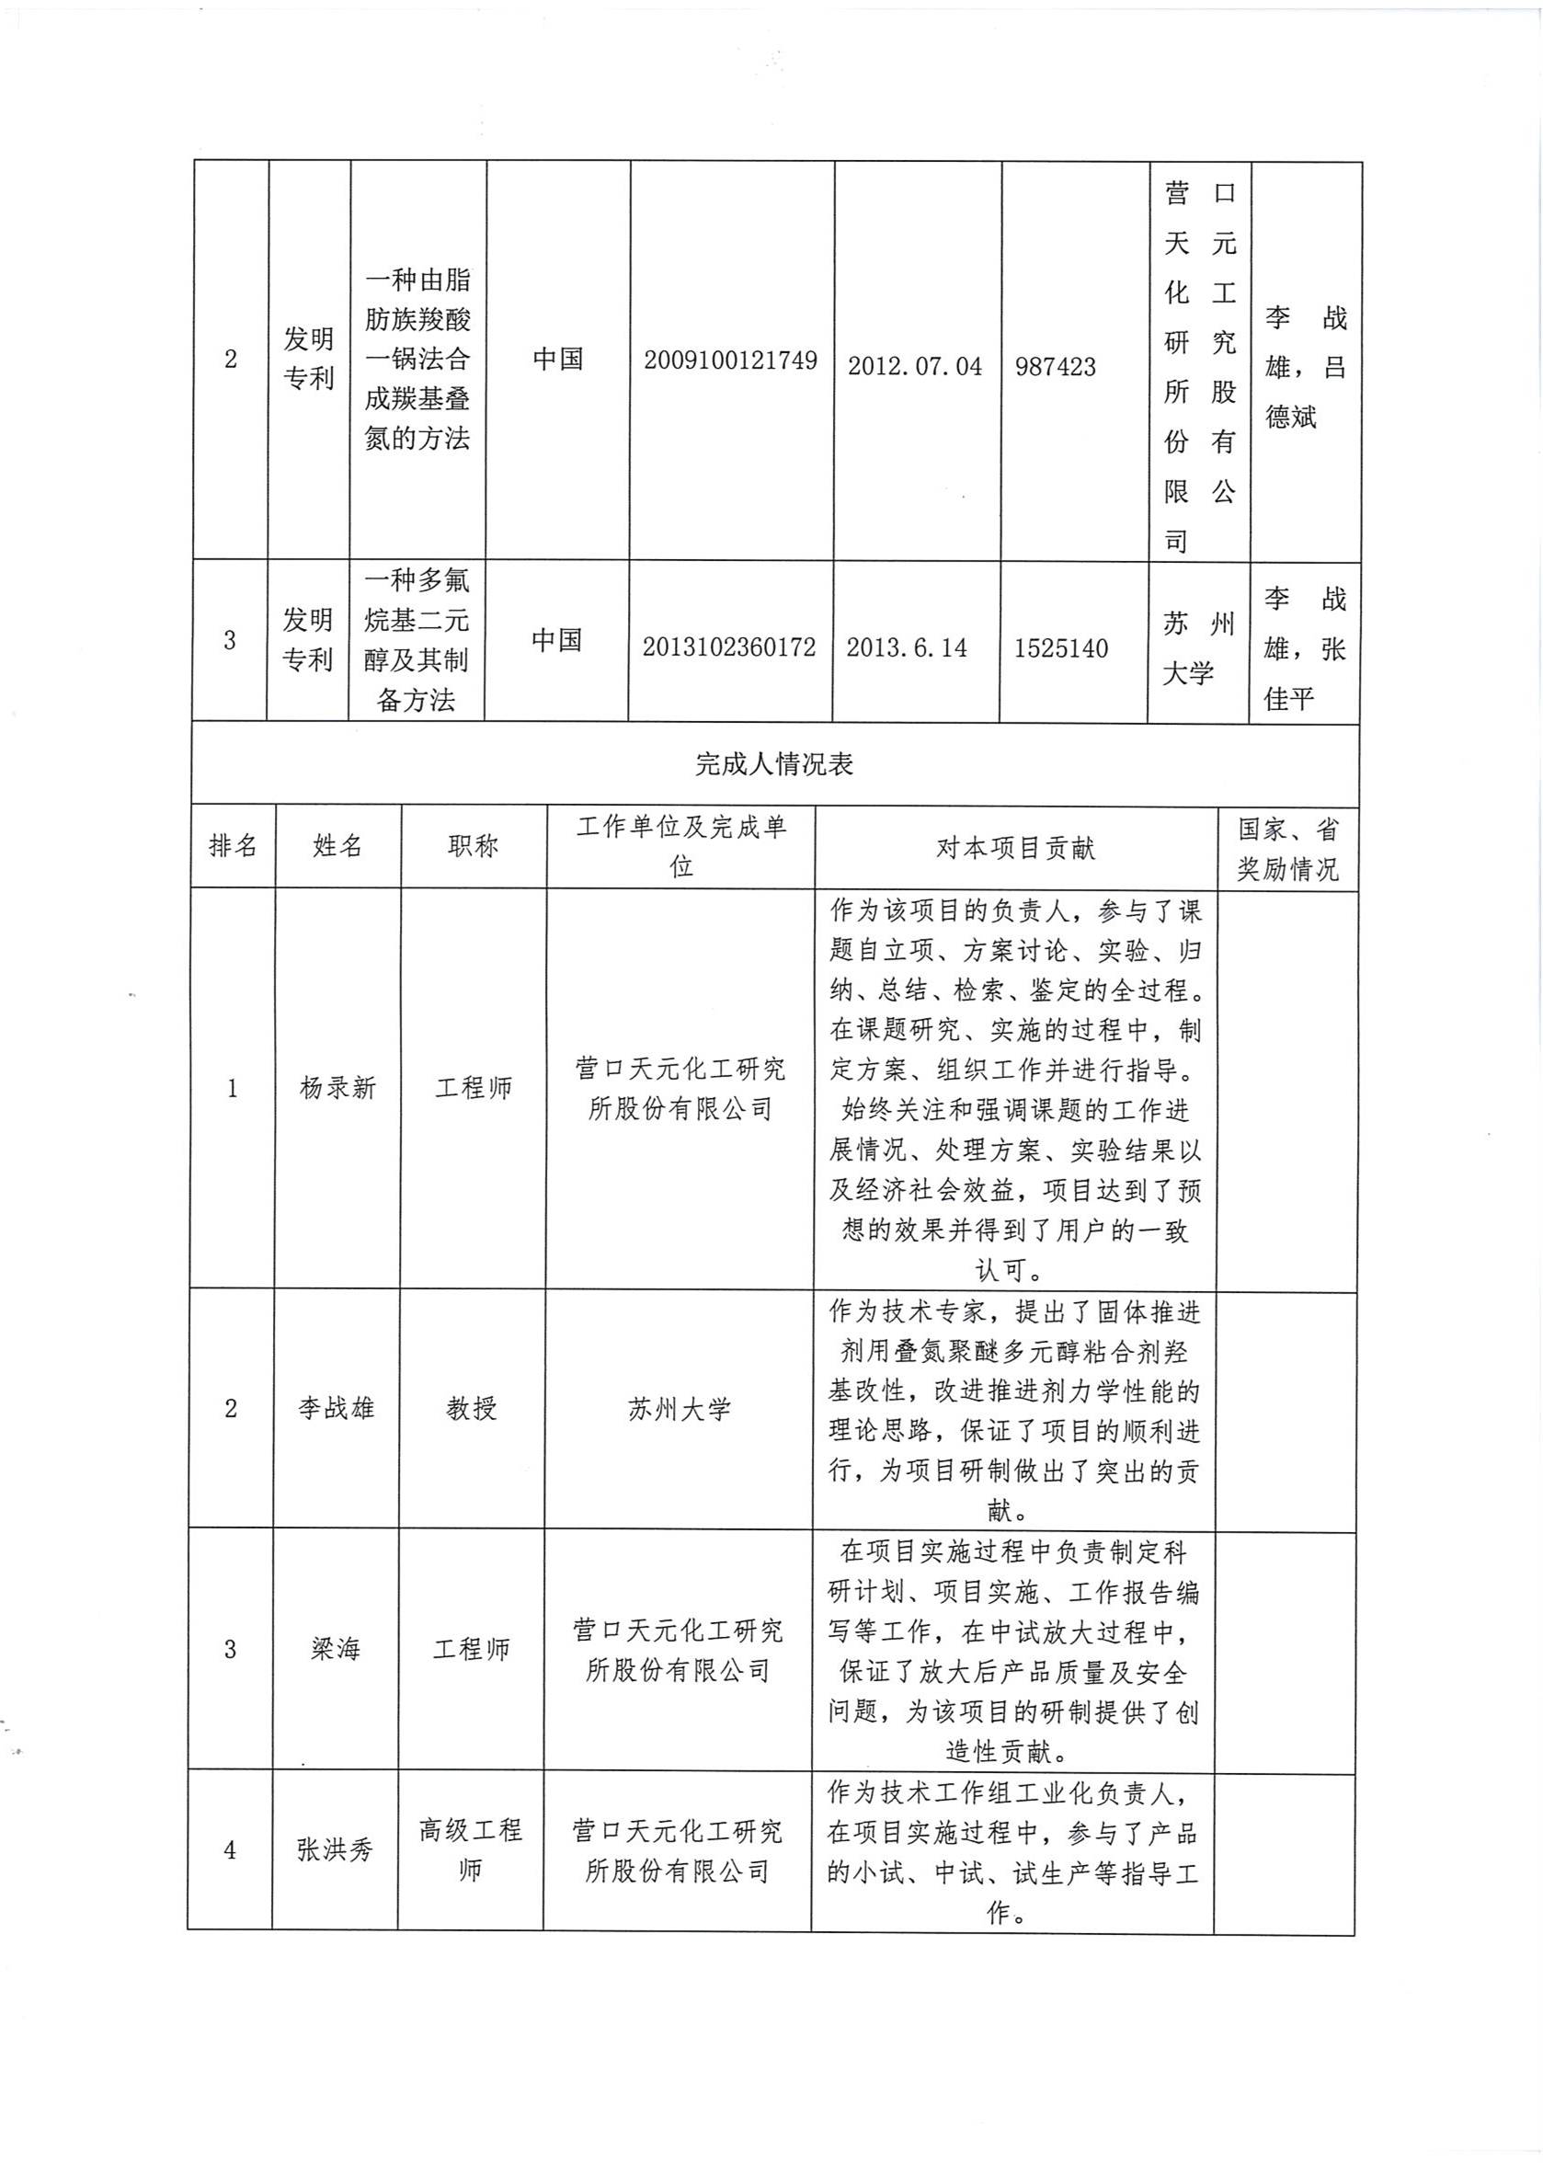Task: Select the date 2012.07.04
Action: tap(915, 367)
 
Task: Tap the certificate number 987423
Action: tap(1055, 367)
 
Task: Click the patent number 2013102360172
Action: tap(729, 647)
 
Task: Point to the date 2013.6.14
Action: tap(907, 647)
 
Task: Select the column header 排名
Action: tap(233, 845)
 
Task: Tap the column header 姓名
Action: tap(337, 845)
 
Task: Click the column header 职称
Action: tap(473, 845)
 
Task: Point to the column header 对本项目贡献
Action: tap(1015, 848)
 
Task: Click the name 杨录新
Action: tap(337, 1088)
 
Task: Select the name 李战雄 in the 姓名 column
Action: tap(336, 1409)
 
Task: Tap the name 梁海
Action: tap(336, 1649)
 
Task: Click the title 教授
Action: tap(471, 1409)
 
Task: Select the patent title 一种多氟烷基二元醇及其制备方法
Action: tap(417, 640)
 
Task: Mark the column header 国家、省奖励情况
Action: tap(1286, 848)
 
